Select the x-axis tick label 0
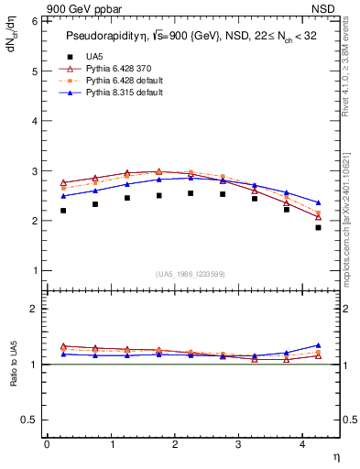coord(47,444)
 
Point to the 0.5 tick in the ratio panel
coord(30,420)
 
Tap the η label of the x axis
coord(334,455)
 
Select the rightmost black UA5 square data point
coord(318,227)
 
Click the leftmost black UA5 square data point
coord(63,211)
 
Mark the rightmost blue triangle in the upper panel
coord(318,202)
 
